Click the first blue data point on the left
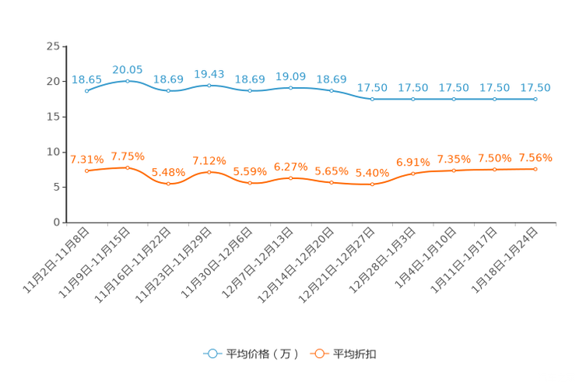[x=86, y=91]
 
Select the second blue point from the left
[x=127, y=80]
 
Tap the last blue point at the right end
[x=535, y=100]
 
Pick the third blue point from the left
[x=168, y=90]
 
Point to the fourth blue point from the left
[x=209, y=84]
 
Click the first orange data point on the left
[x=86, y=170]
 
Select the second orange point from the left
[x=127, y=167]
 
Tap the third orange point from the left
[x=168, y=184]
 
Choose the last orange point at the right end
[x=535, y=169]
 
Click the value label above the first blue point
[x=86, y=79]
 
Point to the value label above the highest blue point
[x=127, y=69]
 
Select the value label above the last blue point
[x=535, y=87]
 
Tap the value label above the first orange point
[x=86, y=160]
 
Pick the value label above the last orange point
[x=535, y=158]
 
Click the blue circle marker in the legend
[x=212, y=354]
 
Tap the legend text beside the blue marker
[x=262, y=354]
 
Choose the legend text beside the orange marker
[x=356, y=354]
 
